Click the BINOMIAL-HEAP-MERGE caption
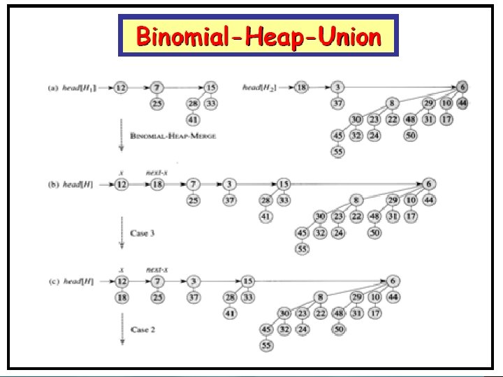point(173,135)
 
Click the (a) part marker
point(51,88)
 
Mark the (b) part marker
point(51,184)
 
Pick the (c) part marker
point(51,281)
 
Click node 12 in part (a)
point(121,88)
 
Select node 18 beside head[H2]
point(302,88)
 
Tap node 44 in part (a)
point(462,103)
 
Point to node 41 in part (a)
point(193,119)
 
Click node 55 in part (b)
point(302,249)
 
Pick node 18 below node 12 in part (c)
point(121,298)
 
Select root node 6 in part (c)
point(393,281)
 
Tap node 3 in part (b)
point(229,184)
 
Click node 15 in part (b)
point(282,184)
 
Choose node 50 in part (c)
point(340,329)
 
